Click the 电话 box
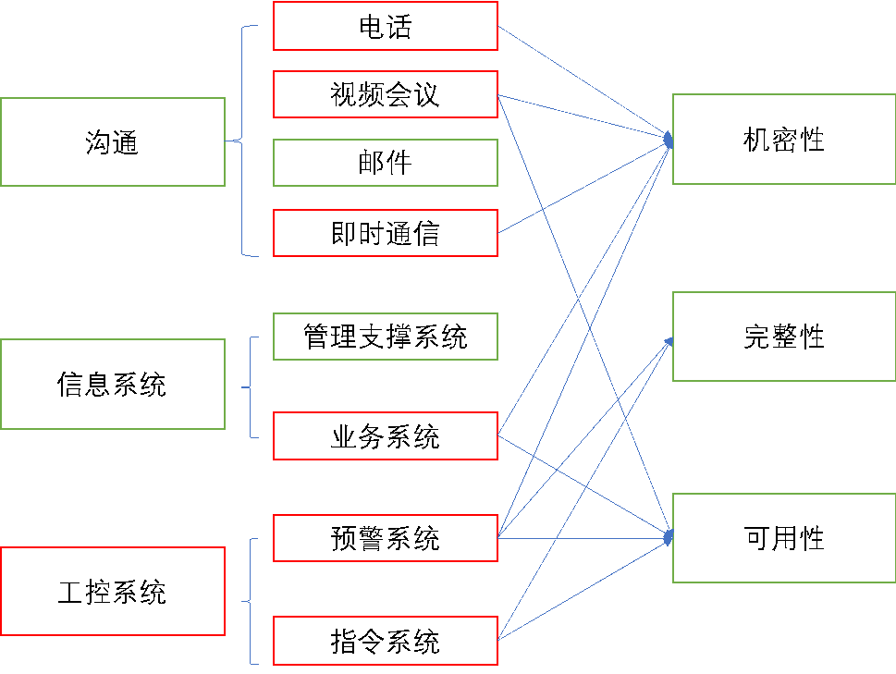[x=386, y=26]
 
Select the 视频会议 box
[x=386, y=94]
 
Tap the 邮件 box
[x=386, y=163]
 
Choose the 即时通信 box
[x=386, y=233]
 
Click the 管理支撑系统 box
[x=386, y=337]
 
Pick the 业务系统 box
[x=386, y=436]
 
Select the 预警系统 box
[x=386, y=538]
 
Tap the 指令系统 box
[x=386, y=641]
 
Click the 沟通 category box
[x=113, y=141]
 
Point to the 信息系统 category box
[x=113, y=384]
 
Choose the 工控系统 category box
[x=113, y=591]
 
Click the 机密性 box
[x=783, y=139]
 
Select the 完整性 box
[x=783, y=337]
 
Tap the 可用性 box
[x=783, y=538]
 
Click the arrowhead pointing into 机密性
[x=669, y=140]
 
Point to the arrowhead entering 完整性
[x=669, y=341]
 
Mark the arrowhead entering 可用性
[x=669, y=535]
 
